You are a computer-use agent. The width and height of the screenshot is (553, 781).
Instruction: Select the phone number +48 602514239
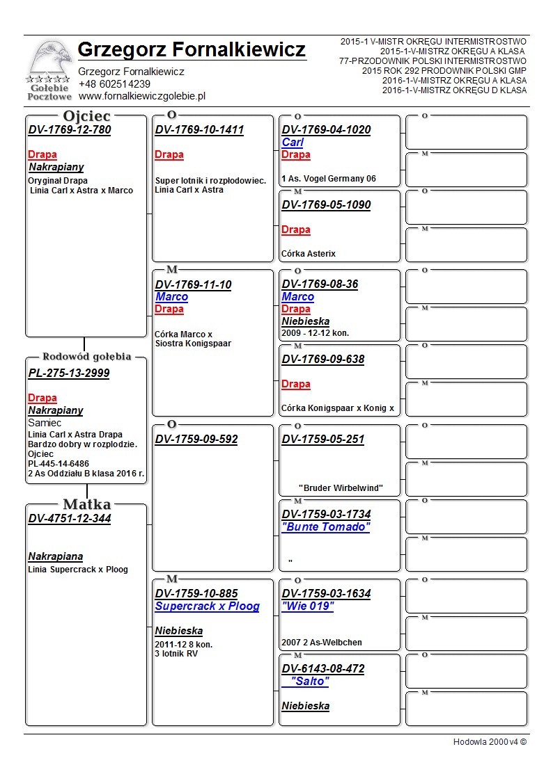click(114, 84)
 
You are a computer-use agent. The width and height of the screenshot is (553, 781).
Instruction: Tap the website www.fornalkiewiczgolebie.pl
click(141, 96)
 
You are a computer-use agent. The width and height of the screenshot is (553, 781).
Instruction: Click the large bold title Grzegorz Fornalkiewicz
click(192, 50)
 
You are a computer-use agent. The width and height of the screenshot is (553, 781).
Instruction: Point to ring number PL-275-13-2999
click(69, 373)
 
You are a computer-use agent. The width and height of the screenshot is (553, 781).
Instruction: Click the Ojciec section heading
click(86, 116)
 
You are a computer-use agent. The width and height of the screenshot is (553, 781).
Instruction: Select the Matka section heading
click(86, 504)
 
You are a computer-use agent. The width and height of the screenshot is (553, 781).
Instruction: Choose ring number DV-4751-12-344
click(70, 519)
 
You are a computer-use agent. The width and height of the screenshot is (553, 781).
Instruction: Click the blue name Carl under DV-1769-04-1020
click(293, 143)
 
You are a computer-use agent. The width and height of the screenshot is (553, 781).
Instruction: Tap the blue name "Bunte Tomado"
click(325, 527)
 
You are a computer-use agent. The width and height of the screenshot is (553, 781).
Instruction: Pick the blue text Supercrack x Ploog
click(207, 606)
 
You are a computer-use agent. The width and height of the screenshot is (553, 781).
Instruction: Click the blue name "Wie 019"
click(307, 606)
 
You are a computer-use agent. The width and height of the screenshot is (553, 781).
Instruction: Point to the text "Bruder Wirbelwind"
click(341, 488)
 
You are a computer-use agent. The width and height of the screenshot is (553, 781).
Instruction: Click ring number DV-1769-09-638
click(322, 360)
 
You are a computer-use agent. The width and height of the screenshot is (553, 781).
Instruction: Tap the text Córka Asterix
click(309, 254)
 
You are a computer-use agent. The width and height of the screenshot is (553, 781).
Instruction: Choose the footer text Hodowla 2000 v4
click(490, 742)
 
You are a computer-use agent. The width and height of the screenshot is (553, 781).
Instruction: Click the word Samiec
click(45, 423)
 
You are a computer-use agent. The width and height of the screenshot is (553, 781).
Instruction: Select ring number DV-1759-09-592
click(196, 440)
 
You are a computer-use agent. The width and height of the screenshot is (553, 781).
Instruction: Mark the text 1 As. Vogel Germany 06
click(328, 179)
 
